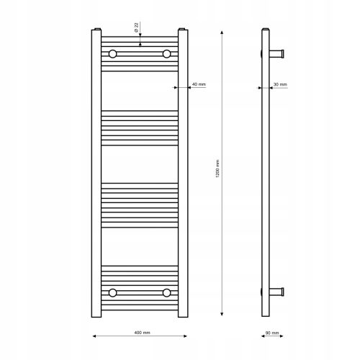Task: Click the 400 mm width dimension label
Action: pyautogui.click(x=142, y=333)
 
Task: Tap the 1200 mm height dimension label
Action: pyautogui.click(x=217, y=168)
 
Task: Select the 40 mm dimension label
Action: pyautogui.click(x=199, y=84)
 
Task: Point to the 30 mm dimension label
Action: pyautogui.click(x=280, y=84)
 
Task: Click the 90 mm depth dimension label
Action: pyautogui.click(x=272, y=333)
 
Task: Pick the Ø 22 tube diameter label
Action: pyautogui.click(x=136, y=27)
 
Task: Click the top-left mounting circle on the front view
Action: pyautogui.click(x=112, y=54)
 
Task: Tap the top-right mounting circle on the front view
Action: pyautogui.click(x=166, y=54)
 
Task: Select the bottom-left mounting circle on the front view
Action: pyautogui.click(x=112, y=293)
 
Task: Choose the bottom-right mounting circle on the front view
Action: pyautogui.click(x=166, y=293)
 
